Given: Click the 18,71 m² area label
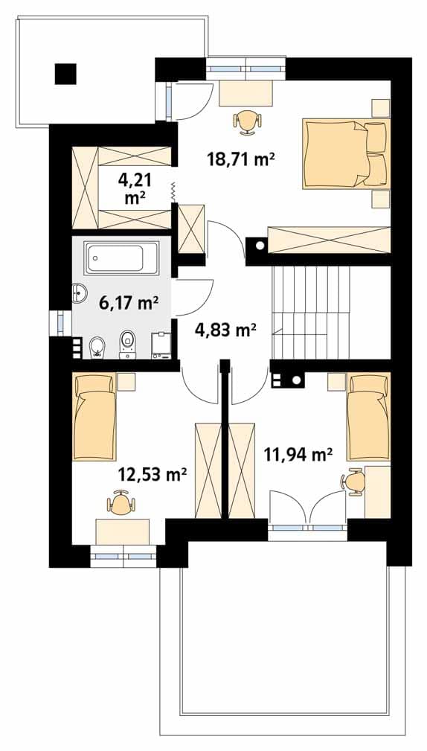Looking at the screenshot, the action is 240,158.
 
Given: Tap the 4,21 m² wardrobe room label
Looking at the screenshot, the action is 135,189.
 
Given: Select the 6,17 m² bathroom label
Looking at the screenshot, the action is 129,303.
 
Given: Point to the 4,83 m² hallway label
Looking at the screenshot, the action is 226,330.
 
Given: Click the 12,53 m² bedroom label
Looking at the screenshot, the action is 152,475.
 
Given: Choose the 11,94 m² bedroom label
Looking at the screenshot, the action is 298,453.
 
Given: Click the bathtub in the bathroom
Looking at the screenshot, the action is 121,258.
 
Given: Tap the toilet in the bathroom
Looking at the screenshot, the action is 127,343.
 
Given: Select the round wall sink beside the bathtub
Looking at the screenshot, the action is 79,293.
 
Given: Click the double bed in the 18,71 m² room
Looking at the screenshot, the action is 346,153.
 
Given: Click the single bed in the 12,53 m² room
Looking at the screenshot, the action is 94,417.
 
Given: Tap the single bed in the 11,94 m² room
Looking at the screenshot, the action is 368,417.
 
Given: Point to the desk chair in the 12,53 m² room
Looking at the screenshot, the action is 121,502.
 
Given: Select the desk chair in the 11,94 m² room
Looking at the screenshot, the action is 353,482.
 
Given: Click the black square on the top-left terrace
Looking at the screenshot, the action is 65,74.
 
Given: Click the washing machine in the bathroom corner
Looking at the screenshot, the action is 162,345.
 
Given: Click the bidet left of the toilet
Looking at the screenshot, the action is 97,348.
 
